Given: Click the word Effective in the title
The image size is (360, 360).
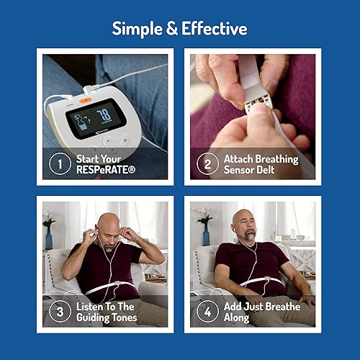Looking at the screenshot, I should [x=212, y=29].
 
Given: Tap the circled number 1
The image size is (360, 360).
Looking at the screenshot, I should [x=59, y=163].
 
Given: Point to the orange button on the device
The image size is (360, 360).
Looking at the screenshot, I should [x=84, y=101].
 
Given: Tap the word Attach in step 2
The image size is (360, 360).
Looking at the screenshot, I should [x=240, y=158].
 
